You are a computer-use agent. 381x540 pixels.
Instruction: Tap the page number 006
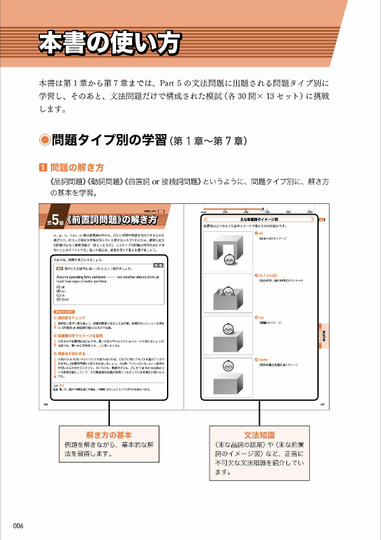[x=18, y=525]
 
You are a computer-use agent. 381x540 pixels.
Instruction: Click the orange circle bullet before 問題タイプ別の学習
[x=44, y=140]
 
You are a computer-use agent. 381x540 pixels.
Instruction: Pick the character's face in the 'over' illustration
[x=227, y=365]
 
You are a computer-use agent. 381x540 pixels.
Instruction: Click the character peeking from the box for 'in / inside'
[x=227, y=293]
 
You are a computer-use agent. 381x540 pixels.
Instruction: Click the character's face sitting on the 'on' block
[x=227, y=328]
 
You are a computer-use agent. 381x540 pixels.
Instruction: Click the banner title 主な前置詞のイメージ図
[x=258, y=219]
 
